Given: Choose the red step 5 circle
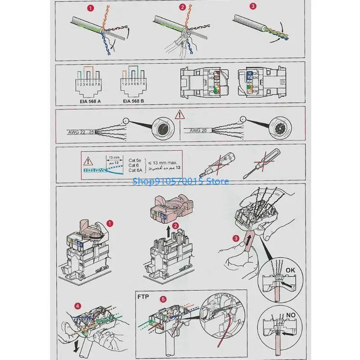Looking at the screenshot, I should pyautogui.click(x=163, y=298).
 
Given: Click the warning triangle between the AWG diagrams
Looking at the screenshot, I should pyautogui.click(x=180, y=115).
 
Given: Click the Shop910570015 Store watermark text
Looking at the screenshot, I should pyautogui.click(x=180, y=181).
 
